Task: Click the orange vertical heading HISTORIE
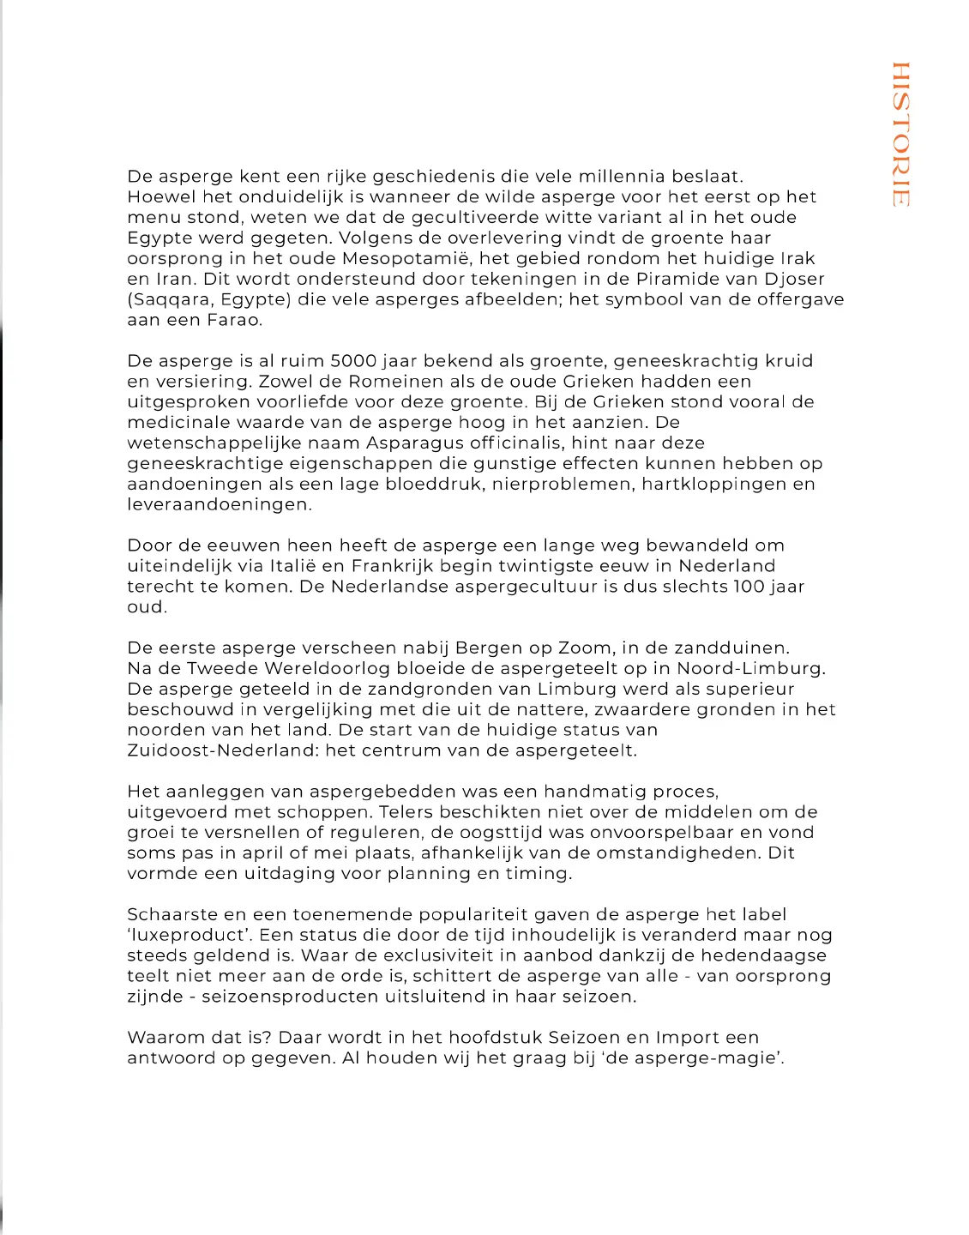coord(900,134)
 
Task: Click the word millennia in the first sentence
coord(622,177)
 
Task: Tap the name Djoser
coord(793,280)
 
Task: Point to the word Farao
coord(234,321)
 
